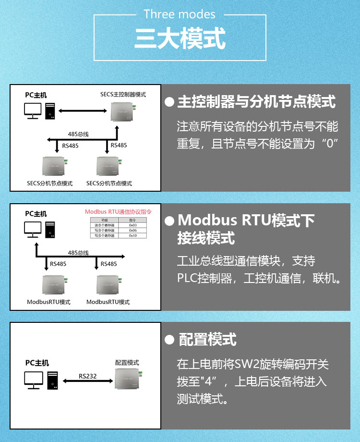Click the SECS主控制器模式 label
coord(123,94)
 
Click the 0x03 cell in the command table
coord(133,225)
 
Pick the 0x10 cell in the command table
coord(133,236)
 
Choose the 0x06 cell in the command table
coord(133,230)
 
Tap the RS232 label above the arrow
coord(88,376)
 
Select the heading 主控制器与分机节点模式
coord(256,102)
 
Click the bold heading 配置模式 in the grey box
coord(207,340)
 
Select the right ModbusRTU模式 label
coord(108,302)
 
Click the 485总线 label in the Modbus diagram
coord(78,253)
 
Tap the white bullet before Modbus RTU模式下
coord(169,221)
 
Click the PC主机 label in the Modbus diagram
coord(36,214)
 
